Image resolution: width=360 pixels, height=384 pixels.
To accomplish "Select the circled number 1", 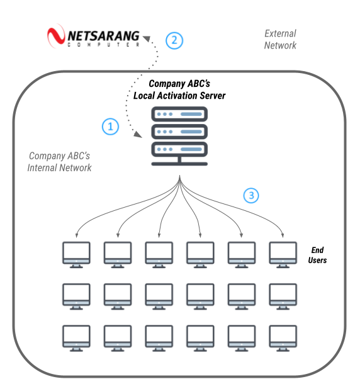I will point(110,127).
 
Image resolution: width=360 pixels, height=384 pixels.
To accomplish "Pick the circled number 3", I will point(251,196).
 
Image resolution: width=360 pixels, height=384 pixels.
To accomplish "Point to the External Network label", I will point(280,39).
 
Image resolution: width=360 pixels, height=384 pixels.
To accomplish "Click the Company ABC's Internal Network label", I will point(59,161).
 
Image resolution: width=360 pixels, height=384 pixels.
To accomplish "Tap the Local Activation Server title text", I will point(179,89).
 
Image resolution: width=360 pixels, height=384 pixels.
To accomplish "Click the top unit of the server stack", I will point(180,115).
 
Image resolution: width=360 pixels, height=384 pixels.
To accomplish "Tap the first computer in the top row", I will point(76,254).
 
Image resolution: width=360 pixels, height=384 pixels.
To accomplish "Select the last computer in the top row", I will point(283,254).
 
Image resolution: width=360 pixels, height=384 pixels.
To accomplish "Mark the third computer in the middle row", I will point(159,295).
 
